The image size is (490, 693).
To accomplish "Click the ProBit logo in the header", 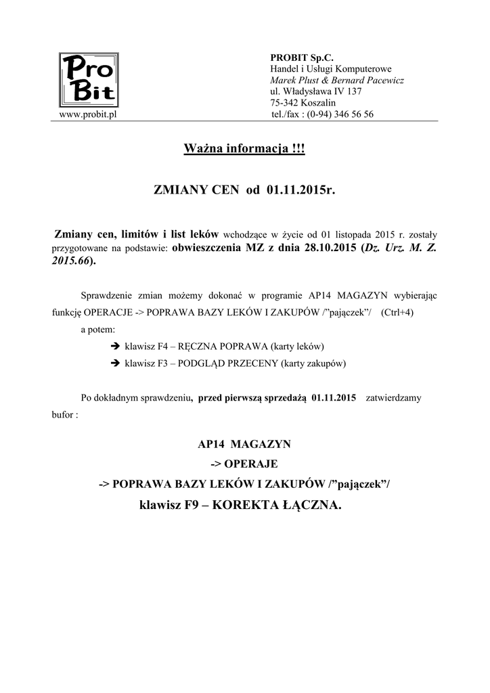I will pos(89,79).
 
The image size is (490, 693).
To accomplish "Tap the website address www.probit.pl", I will pos(89,114).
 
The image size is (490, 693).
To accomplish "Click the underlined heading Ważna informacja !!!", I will pos(244,148).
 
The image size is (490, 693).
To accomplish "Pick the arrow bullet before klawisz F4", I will pos(114,346).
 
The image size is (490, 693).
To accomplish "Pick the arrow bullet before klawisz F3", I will pos(114,363).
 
